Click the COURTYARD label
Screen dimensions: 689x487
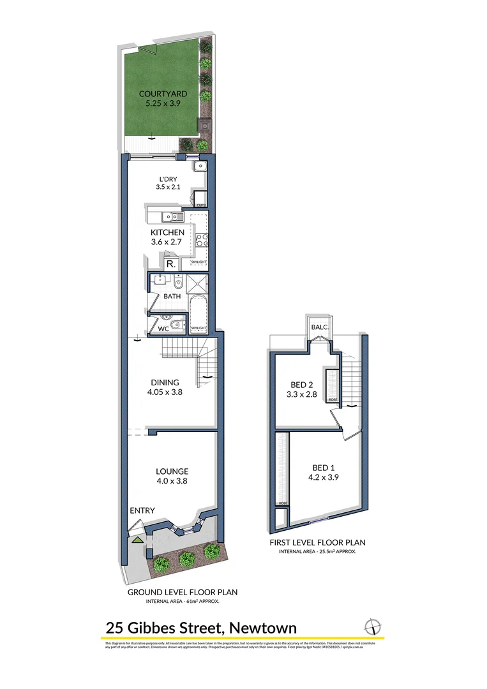click(x=163, y=94)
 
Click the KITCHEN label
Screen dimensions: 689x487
click(x=167, y=232)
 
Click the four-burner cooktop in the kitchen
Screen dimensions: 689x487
click(x=202, y=241)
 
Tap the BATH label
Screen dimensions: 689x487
click(x=172, y=296)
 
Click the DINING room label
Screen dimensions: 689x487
click(x=165, y=383)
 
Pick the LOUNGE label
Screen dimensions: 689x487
click(x=172, y=471)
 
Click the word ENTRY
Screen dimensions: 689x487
click(x=142, y=510)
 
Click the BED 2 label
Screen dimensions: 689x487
click(x=303, y=384)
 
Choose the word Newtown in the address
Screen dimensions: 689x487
click(x=262, y=628)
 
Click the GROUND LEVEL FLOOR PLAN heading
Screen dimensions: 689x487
click(x=183, y=592)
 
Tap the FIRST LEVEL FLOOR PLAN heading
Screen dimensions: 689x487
click(x=317, y=542)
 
